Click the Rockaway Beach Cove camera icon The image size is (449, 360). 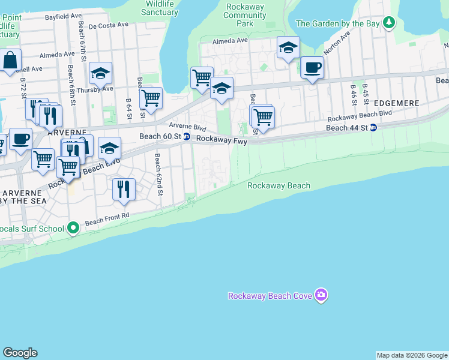pos(322,295)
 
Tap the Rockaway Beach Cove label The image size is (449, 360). pos(271,296)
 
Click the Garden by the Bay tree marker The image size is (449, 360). pos(389,23)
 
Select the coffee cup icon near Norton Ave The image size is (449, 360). pos(312,67)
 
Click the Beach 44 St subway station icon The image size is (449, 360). pos(373,128)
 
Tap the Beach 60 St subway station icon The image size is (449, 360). pos(187,137)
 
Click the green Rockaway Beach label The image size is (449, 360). pos(279,185)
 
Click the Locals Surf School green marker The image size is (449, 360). pos(73,228)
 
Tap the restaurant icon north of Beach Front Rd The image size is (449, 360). pos(124,188)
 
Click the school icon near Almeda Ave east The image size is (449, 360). pos(288,47)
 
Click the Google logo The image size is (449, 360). pos(20,353)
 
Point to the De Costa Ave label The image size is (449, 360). pos(109,26)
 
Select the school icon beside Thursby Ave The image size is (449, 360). pos(100,73)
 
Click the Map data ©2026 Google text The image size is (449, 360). pos(411,355)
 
